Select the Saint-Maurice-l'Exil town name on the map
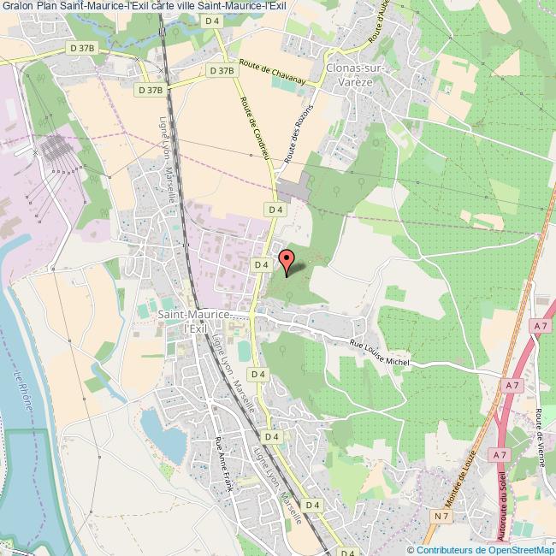click(x=194, y=321)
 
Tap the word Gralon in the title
click(x=17, y=6)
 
